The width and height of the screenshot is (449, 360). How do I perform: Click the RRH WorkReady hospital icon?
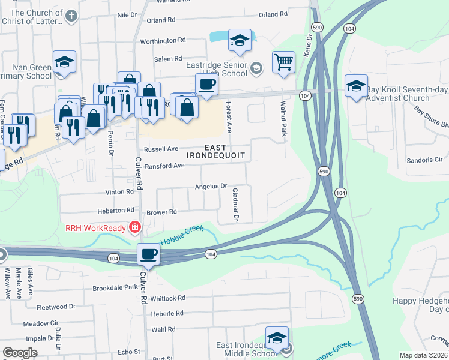(134, 227)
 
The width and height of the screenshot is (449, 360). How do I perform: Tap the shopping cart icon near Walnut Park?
(283, 61)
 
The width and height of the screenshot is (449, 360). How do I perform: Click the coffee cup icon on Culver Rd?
(148, 254)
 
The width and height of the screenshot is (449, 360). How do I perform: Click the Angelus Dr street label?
(211, 187)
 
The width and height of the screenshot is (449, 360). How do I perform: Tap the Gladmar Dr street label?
(235, 204)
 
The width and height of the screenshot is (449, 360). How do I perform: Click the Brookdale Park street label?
(115, 288)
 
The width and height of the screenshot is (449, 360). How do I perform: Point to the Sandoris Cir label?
(424, 160)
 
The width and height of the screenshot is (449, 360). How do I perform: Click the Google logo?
(20, 353)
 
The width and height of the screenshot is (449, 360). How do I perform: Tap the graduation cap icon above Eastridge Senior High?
(240, 40)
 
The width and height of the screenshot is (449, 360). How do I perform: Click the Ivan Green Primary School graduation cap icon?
(64, 62)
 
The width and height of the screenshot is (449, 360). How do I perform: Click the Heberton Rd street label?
(119, 211)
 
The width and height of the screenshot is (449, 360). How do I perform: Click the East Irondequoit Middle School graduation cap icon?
(277, 337)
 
